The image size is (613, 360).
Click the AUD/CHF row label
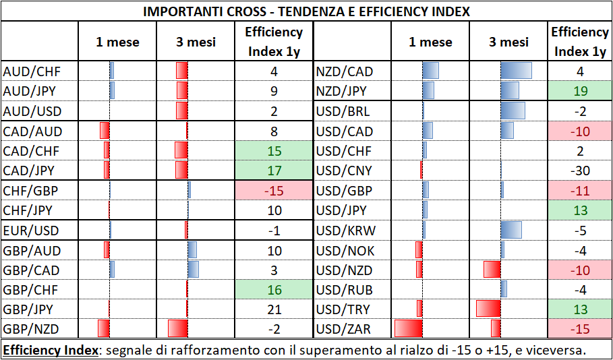(x=32, y=71)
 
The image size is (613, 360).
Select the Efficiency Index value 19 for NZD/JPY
(x=580, y=92)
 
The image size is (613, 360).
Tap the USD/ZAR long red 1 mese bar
(x=409, y=328)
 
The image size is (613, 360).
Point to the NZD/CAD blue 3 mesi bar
(x=517, y=70)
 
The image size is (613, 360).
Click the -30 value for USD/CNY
(x=580, y=171)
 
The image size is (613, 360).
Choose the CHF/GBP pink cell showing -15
(x=274, y=190)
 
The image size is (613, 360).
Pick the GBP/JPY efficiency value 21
(x=274, y=309)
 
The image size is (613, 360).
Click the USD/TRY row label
(x=343, y=309)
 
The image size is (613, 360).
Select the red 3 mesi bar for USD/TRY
(x=488, y=308)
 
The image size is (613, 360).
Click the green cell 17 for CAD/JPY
(x=274, y=171)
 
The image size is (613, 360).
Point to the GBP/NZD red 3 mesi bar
(x=178, y=328)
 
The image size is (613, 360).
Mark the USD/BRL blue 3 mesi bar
(x=513, y=111)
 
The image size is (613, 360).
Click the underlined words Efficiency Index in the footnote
(x=51, y=349)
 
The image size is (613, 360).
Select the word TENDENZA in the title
(x=303, y=11)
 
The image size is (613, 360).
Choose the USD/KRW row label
(x=345, y=231)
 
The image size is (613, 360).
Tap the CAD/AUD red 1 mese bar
(x=105, y=131)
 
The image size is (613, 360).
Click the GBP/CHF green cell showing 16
(x=274, y=290)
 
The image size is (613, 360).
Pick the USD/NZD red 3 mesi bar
(x=492, y=269)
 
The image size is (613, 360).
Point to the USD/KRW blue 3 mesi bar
(x=511, y=230)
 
